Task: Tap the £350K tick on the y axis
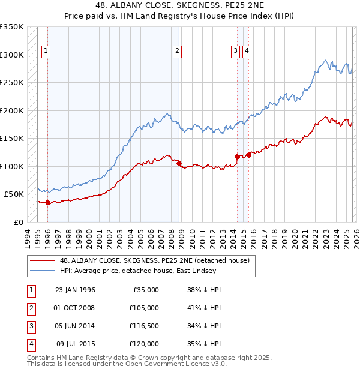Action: point(12,27)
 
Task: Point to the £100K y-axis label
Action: point(12,166)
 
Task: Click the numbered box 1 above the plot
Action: point(46,52)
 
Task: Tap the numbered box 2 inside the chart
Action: point(177,52)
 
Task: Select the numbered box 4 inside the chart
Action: point(247,52)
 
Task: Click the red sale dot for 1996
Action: point(47,203)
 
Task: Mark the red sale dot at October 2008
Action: point(179,162)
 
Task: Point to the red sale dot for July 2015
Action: point(248,155)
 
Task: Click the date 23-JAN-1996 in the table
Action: point(75,290)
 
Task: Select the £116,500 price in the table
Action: point(145,326)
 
